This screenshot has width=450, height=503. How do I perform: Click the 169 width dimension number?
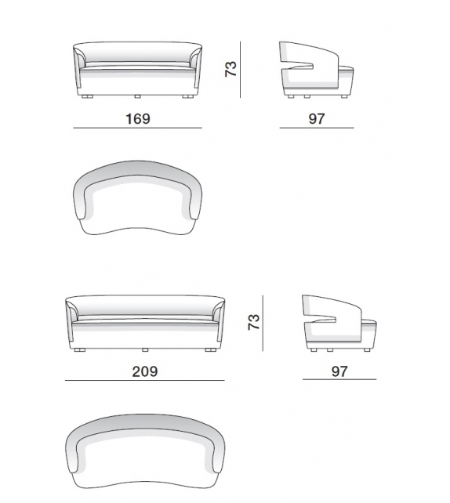[138, 118]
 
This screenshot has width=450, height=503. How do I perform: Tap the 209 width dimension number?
[145, 371]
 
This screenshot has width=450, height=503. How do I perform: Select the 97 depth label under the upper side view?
[317, 118]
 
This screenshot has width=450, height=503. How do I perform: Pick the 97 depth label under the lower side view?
[339, 371]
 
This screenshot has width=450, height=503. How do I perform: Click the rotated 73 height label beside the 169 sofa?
[230, 69]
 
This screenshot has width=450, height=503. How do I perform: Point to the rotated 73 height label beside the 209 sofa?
[253, 322]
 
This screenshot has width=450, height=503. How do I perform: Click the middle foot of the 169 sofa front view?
[137, 96]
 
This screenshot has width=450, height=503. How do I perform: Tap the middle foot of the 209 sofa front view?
[145, 349]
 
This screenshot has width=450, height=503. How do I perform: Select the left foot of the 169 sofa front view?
[87, 96]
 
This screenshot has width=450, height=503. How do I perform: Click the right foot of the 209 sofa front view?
[211, 349]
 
